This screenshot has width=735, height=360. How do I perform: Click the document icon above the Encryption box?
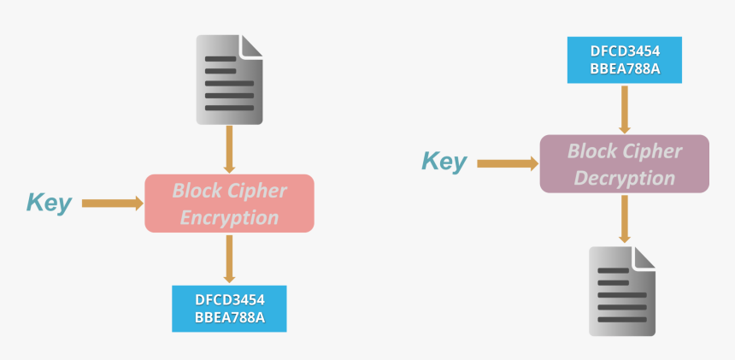pyautogui.click(x=229, y=79)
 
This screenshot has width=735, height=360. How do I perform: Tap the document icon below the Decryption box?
pyautogui.click(x=623, y=291)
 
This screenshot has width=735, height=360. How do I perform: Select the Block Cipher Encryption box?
pyautogui.click(x=229, y=204)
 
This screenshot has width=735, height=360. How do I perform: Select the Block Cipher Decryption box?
pyautogui.click(x=624, y=163)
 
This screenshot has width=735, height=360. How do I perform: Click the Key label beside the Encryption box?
pyautogui.click(x=49, y=204)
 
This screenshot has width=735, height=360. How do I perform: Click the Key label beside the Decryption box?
pyautogui.click(x=444, y=162)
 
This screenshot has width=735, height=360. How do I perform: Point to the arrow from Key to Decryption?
pyautogui.click(x=508, y=162)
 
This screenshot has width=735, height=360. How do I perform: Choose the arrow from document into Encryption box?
pyautogui.click(x=229, y=150)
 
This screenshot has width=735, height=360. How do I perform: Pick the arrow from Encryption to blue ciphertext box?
pyautogui.click(x=229, y=259)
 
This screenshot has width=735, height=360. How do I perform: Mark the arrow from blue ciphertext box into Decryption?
pyautogui.click(x=624, y=109)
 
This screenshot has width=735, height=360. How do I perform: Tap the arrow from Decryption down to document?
pyautogui.click(x=624, y=219)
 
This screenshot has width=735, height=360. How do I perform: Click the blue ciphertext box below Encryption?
pyautogui.click(x=229, y=309)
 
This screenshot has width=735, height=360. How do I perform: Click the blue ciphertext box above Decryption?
pyautogui.click(x=624, y=60)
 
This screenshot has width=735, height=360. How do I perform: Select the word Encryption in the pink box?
pyautogui.click(x=229, y=217)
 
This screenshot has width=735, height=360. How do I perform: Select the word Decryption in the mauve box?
pyautogui.click(x=624, y=178)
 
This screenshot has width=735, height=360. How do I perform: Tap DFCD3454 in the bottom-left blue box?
pyautogui.click(x=229, y=299)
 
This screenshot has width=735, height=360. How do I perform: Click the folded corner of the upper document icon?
pyautogui.click(x=252, y=45)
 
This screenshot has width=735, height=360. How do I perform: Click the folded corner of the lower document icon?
pyautogui.click(x=646, y=257)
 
